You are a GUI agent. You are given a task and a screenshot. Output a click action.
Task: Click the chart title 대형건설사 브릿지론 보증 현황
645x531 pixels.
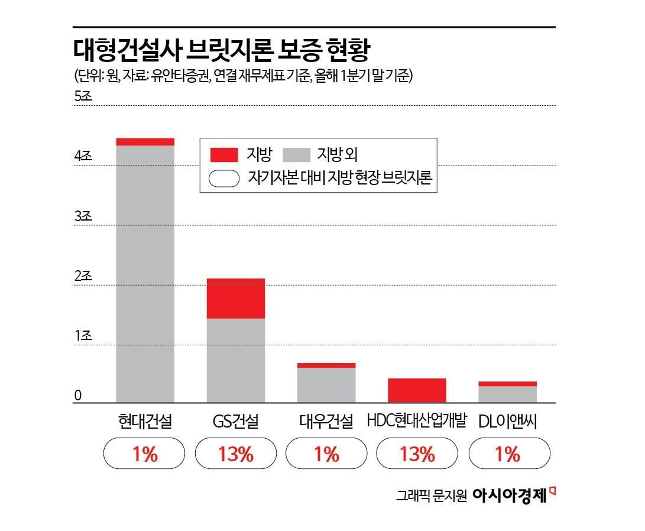point(221,51)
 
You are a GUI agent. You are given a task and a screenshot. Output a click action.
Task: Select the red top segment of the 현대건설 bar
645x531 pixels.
point(145,141)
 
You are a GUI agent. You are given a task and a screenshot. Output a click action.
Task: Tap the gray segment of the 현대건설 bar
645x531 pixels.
point(145,272)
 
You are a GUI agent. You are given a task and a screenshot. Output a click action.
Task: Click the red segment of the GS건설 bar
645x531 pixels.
point(235,298)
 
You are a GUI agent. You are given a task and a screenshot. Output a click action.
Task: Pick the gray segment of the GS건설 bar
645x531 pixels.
point(235,360)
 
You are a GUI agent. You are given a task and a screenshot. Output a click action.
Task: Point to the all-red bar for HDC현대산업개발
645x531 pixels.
point(417,390)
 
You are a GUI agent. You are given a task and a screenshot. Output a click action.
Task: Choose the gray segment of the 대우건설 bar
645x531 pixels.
point(326,384)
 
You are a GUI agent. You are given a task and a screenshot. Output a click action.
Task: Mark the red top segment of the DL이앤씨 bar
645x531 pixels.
point(507,384)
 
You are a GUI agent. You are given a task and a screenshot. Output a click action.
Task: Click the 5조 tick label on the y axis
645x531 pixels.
point(83,96)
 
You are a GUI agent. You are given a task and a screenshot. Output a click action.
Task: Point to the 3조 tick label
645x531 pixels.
point(83,216)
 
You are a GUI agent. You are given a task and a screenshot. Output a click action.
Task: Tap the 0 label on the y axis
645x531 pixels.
point(77,396)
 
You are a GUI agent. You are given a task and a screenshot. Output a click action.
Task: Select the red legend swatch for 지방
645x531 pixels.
point(224,155)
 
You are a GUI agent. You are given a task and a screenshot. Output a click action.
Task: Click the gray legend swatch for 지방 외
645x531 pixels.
point(297,155)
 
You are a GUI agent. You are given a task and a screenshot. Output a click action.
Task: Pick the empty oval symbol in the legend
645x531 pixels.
point(224,179)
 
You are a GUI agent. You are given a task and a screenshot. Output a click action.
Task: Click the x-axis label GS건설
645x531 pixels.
point(235,421)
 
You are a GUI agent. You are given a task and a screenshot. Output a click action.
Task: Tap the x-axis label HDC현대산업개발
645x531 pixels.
point(417,421)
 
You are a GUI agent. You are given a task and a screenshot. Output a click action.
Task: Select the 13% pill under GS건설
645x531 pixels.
point(235,454)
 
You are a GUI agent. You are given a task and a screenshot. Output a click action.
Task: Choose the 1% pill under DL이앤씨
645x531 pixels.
point(507,454)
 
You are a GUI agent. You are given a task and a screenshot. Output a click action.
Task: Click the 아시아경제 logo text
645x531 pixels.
point(510,496)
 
